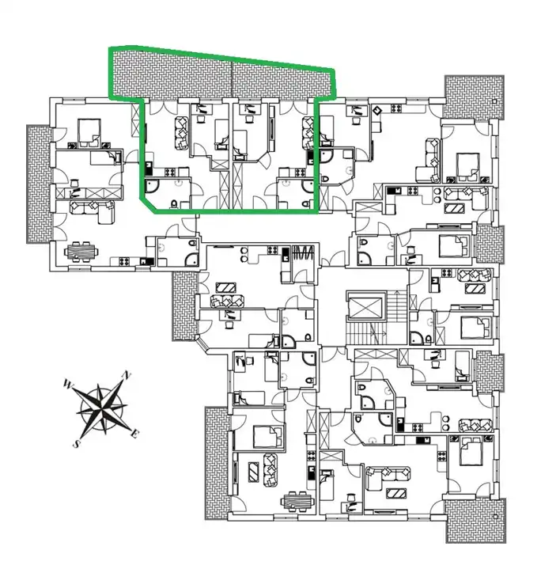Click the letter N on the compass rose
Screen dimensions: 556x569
pos(127,375)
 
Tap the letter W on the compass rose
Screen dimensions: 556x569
pos(67,384)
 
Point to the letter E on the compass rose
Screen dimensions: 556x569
pos(134,433)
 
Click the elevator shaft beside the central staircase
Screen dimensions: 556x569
pos(365,305)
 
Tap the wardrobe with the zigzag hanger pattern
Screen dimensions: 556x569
pos(303,252)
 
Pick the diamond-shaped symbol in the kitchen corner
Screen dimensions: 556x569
pos(377,109)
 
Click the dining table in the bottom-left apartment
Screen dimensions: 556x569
pos(297,502)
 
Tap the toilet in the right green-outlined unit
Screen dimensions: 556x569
pos(306,203)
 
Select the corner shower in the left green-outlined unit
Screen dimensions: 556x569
pos(151,187)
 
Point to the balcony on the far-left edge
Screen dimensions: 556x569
pos(40,184)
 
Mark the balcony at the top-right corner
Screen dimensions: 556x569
pos(475,97)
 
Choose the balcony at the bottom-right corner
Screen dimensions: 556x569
pos(475,521)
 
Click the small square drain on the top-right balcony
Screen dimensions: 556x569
pos(495,102)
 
